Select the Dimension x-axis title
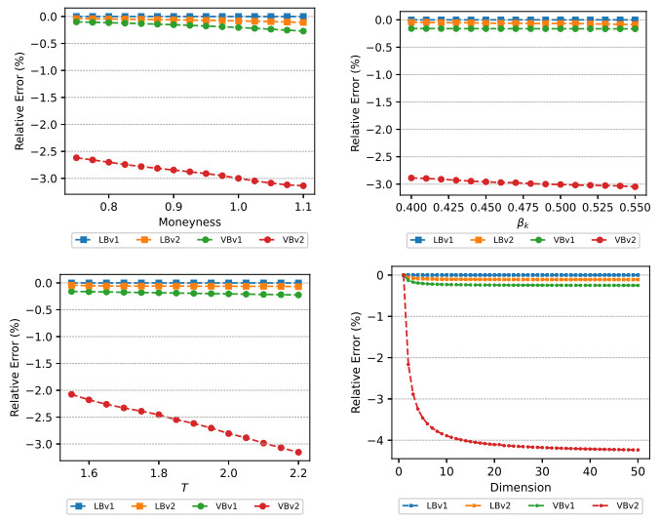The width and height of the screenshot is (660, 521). point(521,486)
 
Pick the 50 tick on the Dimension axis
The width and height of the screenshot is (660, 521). point(638,471)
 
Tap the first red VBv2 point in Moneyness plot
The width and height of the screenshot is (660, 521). point(76,157)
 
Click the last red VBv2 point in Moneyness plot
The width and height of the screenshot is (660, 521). point(303,185)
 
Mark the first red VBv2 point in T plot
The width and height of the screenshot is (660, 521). point(72,394)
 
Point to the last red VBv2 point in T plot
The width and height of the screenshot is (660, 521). point(298,452)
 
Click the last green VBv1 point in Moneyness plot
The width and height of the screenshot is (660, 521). point(303,31)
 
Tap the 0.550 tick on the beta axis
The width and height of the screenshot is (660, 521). point(635,207)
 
